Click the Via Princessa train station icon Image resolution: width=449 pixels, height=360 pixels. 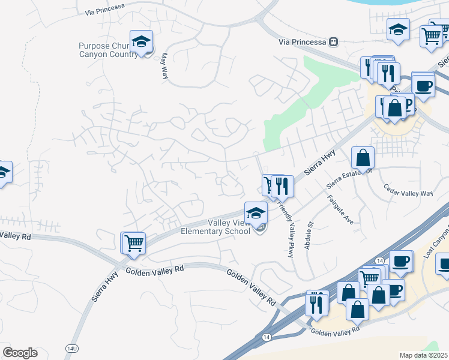pyautogui.click(x=333, y=42)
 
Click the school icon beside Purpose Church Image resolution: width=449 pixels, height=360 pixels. pyautogui.click(x=142, y=43)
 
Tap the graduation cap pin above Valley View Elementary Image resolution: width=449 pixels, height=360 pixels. pyautogui.click(x=256, y=214)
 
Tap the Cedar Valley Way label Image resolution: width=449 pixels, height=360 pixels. pyautogui.click(x=408, y=193)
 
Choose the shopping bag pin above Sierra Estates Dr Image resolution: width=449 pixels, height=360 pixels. pyautogui.click(x=363, y=159)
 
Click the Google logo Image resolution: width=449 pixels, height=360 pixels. pyautogui.click(x=20, y=353)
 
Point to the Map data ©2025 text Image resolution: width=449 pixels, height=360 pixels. pyautogui.click(x=423, y=355)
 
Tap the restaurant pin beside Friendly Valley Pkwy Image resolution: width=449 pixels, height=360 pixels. pyautogui.click(x=282, y=187)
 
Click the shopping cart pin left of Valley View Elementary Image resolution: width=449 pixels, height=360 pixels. pyautogui.click(x=134, y=244)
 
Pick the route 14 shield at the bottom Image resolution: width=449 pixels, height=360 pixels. pyautogui.click(x=266, y=337)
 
